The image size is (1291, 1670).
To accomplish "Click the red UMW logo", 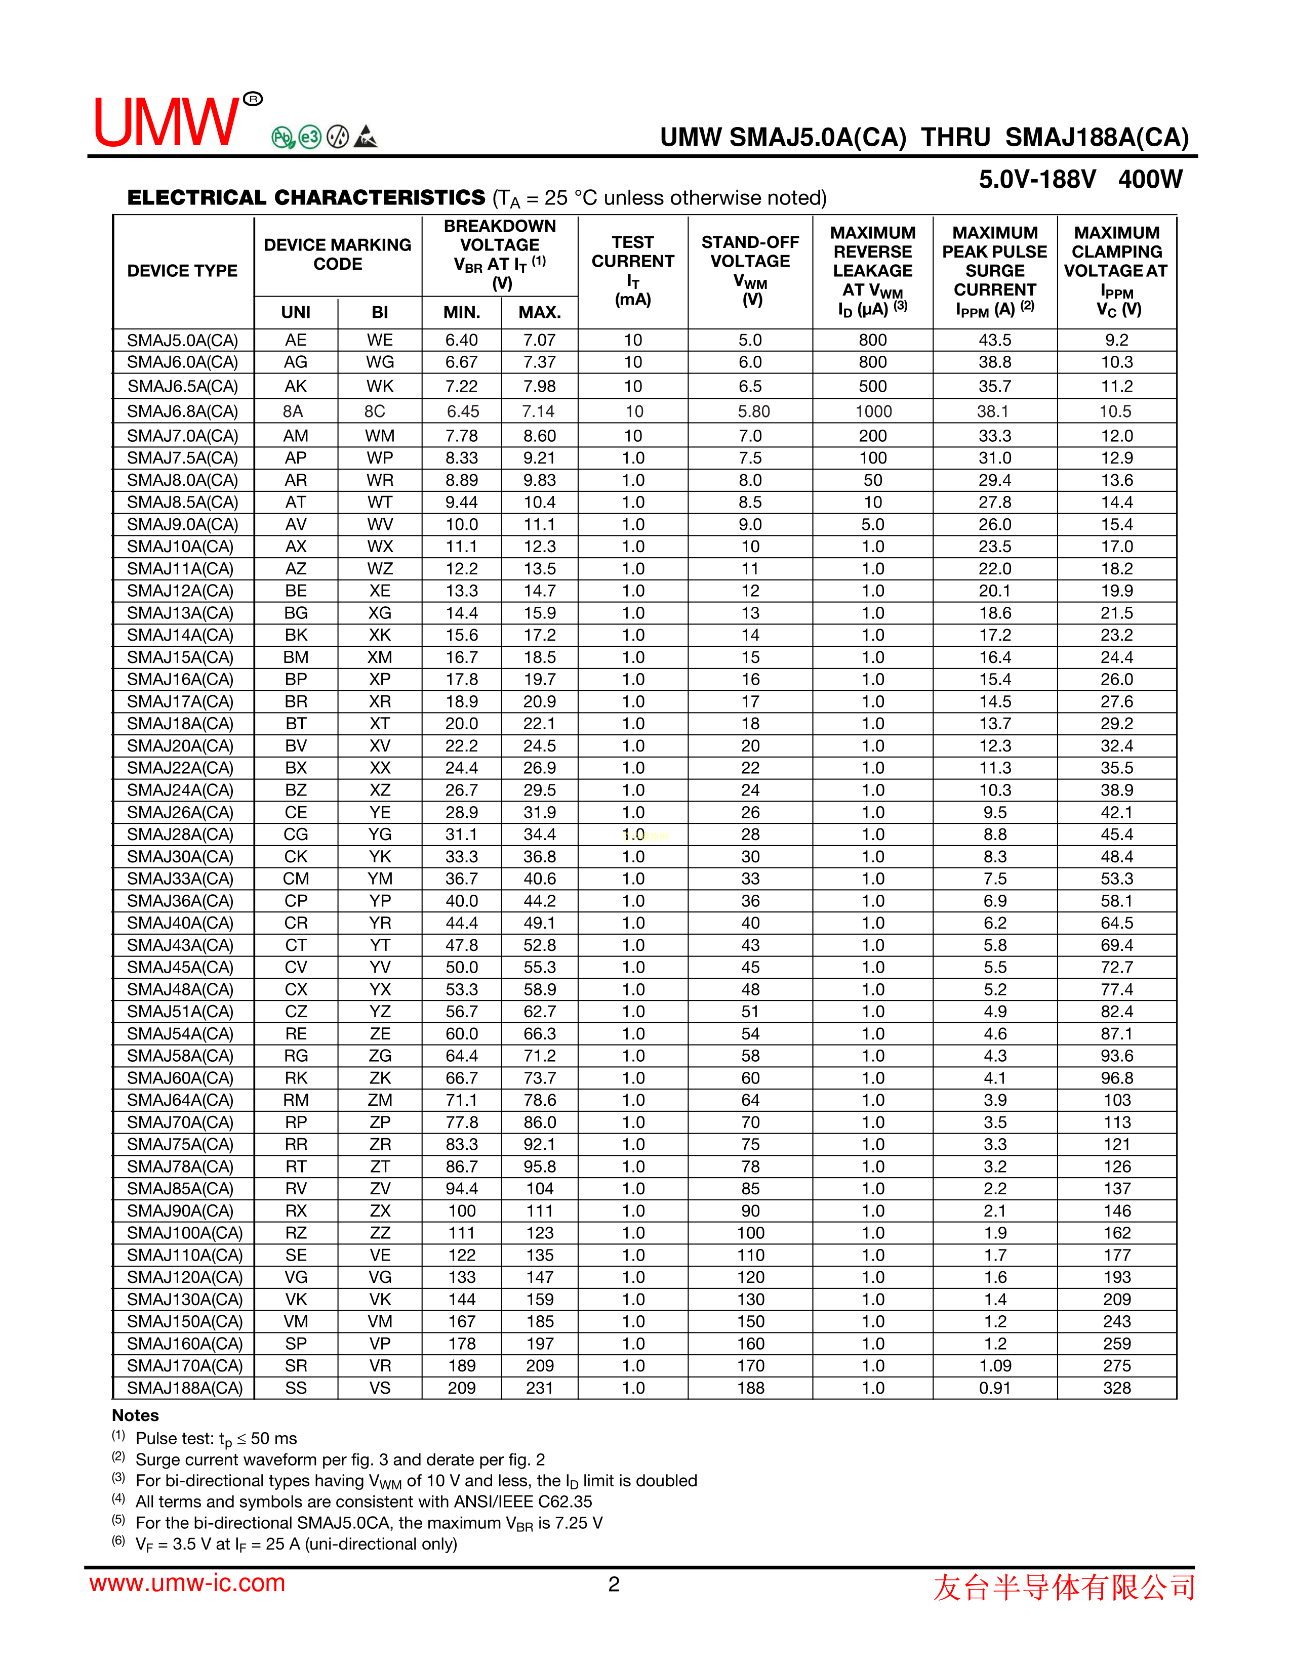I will coord(167,122).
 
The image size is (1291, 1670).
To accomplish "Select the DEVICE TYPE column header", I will coord(182,271).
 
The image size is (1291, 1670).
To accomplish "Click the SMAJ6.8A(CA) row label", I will coord(182,411).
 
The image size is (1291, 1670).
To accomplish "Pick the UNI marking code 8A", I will coord(293,411).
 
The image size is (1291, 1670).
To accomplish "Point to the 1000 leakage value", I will coord(873,411).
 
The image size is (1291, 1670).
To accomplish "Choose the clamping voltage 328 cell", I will coord(1117,1388).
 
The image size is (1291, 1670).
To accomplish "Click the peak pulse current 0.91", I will coord(995,1388).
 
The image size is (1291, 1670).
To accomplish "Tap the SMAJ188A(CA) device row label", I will coord(184,1388).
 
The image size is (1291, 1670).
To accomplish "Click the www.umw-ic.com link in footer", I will coord(187,1583).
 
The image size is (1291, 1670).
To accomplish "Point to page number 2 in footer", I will coord(614,1584).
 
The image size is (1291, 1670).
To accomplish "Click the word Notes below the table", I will coord(135,1415).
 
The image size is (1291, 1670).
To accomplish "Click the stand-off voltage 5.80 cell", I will coord(753,411).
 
